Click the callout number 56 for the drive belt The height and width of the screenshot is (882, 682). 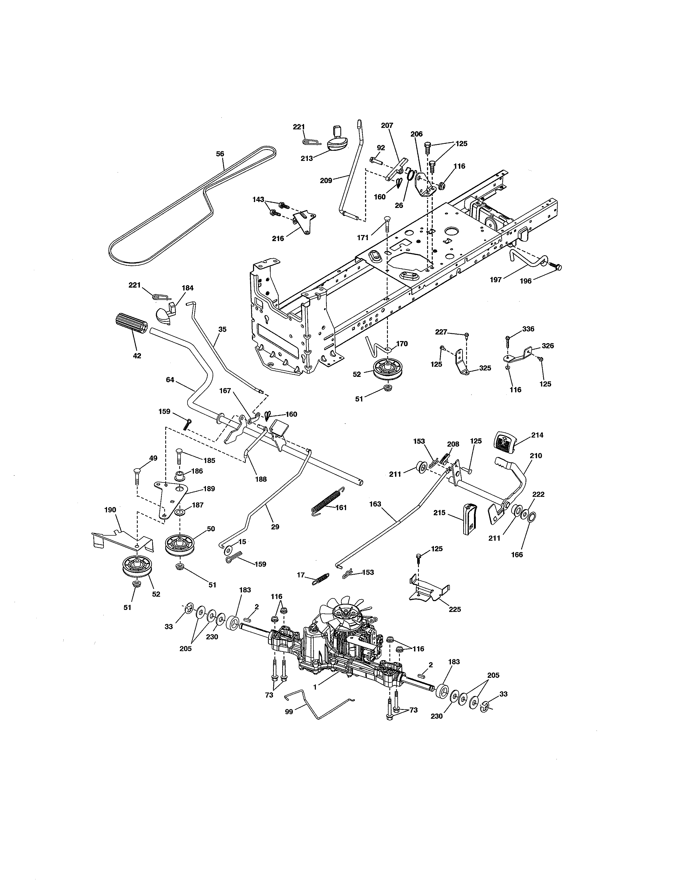pyautogui.click(x=220, y=154)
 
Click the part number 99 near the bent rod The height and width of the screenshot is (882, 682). pyautogui.click(x=289, y=711)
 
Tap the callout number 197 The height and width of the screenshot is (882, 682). pyautogui.click(x=496, y=280)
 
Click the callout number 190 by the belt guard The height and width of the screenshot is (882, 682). pyautogui.click(x=110, y=510)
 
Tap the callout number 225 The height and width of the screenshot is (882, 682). pyautogui.click(x=455, y=609)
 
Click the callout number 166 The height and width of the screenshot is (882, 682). pyautogui.click(x=517, y=555)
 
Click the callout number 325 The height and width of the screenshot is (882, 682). pyautogui.click(x=485, y=368)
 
